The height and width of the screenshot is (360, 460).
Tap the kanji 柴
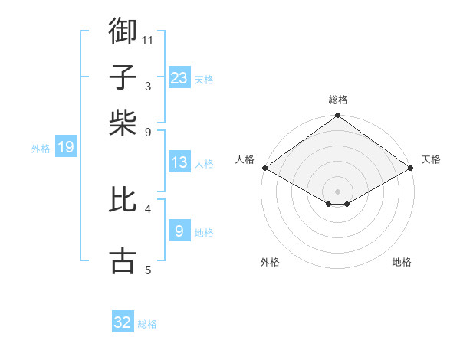(x=123, y=122)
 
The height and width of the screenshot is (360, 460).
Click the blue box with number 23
(x=179, y=78)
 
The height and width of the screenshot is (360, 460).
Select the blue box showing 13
(x=179, y=162)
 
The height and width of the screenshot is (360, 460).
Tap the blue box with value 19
(x=65, y=147)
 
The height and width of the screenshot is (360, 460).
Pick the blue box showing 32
(x=123, y=322)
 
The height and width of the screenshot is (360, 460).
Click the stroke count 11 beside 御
(x=148, y=39)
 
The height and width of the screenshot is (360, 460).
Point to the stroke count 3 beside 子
(x=147, y=86)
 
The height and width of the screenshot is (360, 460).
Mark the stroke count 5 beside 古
(x=147, y=270)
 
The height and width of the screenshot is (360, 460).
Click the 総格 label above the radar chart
(x=338, y=100)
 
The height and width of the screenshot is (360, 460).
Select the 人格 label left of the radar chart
(x=245, y=159)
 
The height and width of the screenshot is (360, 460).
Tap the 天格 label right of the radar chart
(x=431, y=159)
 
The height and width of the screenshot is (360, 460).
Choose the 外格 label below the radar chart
(x=270, y=262)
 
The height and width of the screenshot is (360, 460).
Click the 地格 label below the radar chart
(x=402, y=262)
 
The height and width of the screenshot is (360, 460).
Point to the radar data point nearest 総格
(x=337, y=116)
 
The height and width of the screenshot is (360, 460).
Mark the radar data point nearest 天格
(x=411, y=168)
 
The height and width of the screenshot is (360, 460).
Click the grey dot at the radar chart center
(x=337, y=191)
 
